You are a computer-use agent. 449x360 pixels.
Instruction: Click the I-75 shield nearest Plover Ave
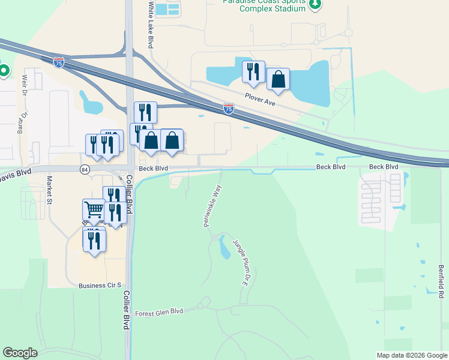pos(228,109)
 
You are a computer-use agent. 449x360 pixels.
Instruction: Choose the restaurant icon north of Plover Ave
pos(253,72)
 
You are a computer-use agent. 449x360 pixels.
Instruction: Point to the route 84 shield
pos(85,169)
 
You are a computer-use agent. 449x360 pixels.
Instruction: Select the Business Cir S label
pos(100,286)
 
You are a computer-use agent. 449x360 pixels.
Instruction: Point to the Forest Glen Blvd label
pos(158,313)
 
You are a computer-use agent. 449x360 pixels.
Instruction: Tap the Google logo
pos(20,353)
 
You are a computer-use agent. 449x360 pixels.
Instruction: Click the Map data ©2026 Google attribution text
pos(411,355)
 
